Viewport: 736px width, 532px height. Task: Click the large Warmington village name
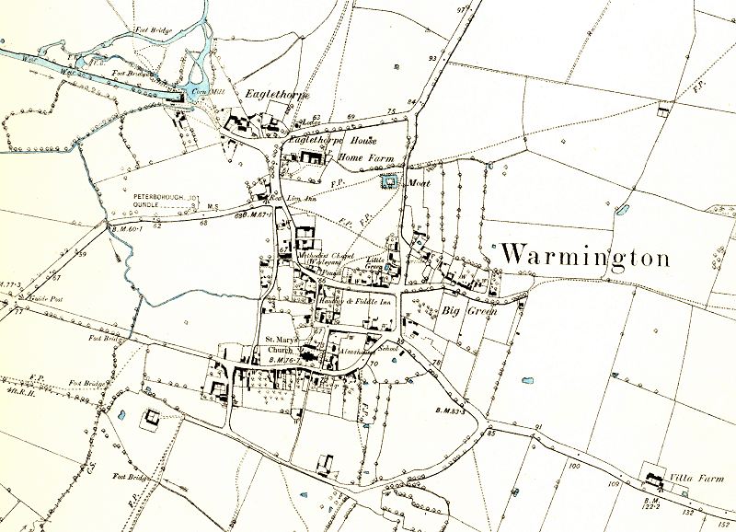(x=585, y=255)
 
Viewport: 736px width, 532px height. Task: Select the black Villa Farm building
(x=656, y=479)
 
